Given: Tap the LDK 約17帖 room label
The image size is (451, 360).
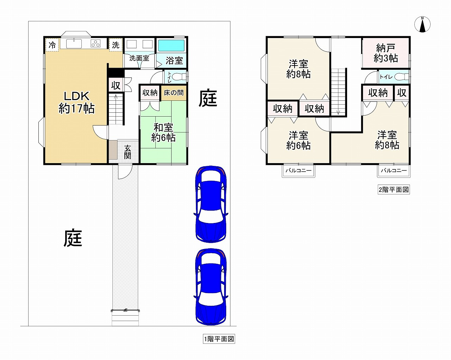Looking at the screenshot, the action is (77, 103).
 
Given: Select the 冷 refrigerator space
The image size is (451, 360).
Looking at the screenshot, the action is (52, 45).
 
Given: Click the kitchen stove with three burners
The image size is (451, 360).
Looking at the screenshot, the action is (95, 44).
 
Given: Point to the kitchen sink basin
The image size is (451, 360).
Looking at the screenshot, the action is (74, 44).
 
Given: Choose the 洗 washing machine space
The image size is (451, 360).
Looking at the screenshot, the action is (116, 45).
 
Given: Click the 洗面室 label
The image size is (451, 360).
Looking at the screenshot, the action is (139, 58).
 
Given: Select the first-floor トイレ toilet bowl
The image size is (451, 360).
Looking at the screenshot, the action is (181, 77).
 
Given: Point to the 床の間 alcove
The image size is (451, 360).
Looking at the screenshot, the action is (173, 93).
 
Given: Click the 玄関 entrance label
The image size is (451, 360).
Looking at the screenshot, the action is (128, 152).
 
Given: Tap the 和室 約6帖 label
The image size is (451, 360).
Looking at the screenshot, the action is (163, 132).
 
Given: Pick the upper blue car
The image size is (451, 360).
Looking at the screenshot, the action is (211, 204).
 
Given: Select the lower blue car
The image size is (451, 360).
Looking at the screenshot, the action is (211, 287).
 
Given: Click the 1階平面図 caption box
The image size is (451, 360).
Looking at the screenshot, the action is (219, 339).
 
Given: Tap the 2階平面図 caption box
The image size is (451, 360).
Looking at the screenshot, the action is (394, 190).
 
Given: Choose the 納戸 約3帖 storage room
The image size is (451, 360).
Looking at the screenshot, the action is (385, 53).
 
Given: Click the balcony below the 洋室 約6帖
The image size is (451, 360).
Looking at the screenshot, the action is (298, 171).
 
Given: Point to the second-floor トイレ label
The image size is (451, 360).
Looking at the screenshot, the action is (386, 77).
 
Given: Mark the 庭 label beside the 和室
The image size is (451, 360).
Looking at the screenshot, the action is (208, 98).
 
